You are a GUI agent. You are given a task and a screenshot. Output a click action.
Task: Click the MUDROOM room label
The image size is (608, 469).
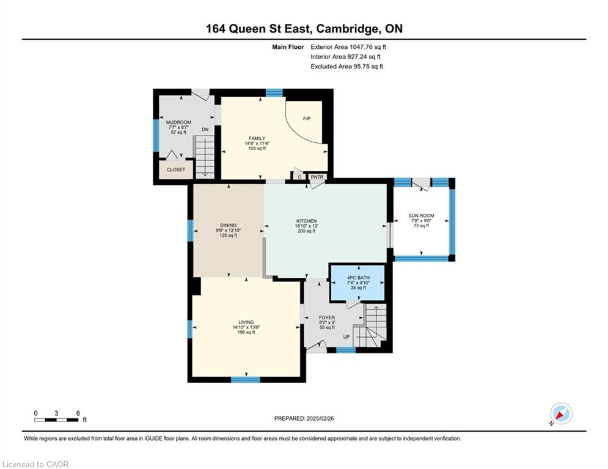click(178, 122)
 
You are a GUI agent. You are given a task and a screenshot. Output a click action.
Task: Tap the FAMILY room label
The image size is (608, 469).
click(257, 139)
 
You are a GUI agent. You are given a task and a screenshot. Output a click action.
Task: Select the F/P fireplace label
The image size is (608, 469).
click(307, 118)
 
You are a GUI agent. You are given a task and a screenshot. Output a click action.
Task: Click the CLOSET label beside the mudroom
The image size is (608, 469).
click(176, 170)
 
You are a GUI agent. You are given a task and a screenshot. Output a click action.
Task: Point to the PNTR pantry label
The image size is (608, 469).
click(317, 177)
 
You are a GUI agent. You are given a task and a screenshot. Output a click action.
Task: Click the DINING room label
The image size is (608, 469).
click(229, 225)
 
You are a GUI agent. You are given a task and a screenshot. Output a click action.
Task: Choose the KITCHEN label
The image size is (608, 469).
click(306, 221)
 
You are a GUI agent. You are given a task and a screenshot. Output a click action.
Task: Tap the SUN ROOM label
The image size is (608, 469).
click(422, 216)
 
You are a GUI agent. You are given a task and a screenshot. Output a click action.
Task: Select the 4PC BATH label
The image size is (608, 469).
click(358, 278)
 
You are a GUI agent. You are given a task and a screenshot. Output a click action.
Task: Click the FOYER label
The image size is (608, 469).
click(327, 318)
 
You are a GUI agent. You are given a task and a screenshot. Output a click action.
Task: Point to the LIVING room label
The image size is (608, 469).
click(246, 322)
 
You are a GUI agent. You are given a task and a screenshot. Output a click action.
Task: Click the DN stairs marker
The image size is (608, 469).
click(205, 129)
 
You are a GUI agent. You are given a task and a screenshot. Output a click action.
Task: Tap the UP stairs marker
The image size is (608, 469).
click(346, 337)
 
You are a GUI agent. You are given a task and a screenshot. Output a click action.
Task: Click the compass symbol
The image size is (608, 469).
click(561, 413)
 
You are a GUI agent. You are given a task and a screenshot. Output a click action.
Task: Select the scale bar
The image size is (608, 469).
click(56, 420)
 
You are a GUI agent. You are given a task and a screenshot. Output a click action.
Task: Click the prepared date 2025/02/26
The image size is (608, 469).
click(320, 418)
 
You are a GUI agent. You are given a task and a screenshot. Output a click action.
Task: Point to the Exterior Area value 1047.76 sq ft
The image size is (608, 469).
click(368, 47)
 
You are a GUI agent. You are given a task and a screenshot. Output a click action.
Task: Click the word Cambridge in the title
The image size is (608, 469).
click(348, 29)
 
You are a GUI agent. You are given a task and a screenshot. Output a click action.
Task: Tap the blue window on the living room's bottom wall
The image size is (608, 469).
click(246, 379)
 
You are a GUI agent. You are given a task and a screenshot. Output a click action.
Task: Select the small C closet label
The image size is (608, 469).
click(299, 177)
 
